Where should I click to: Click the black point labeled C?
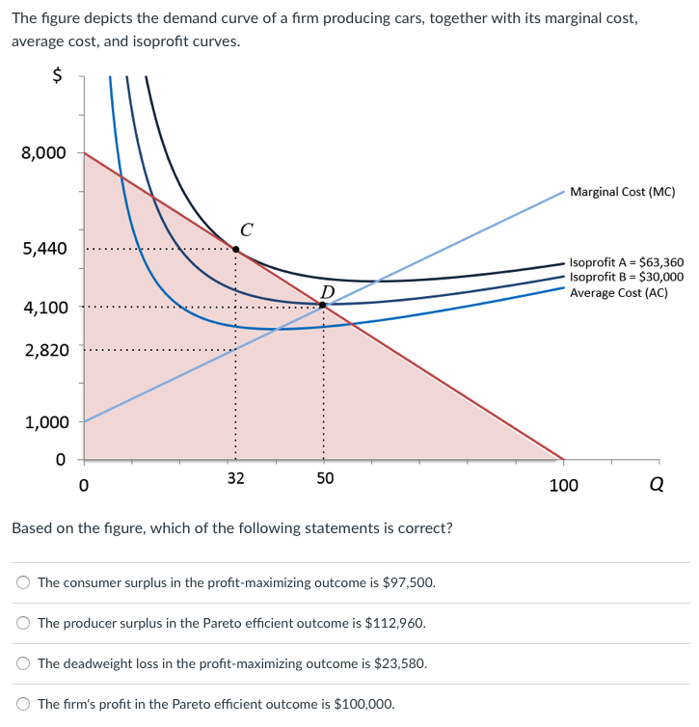tap(235, 249)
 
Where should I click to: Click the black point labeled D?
tap(323, 305)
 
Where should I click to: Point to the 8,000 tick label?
tap(44, 152)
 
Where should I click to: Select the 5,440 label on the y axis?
tap(44, 249)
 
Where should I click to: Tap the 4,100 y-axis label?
tap(44, 308)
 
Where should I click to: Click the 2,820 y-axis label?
tap(44, 349)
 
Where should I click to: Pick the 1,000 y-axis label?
tap(44, 422)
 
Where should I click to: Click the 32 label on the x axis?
tap(235, 478)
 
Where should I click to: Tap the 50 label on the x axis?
tap(325, 478)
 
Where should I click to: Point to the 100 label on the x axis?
tap(564, 485)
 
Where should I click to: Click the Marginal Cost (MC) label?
tap(622, 192)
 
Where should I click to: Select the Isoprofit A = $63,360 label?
tap(627, 262)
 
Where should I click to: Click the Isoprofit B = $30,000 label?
tap(627, 277)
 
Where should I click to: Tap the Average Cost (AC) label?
tap(618, 292)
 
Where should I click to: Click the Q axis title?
tap(656, 485)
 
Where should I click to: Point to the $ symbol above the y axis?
tap(57, 76)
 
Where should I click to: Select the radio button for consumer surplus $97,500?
tap(24, 583)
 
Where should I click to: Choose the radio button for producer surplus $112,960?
tap(24, 623)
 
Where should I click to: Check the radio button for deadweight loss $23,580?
tap(24, 663)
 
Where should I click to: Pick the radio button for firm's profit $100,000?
tap(24, 704)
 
